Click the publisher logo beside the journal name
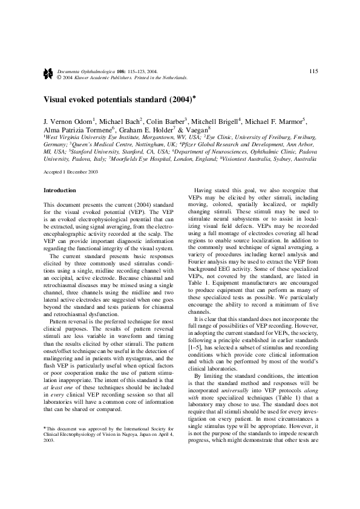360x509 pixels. [x=48, y=74]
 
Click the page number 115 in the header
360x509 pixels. [x=313, y=71]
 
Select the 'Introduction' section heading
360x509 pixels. [x=60, y=190]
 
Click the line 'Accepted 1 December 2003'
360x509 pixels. [x=71, y=172]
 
